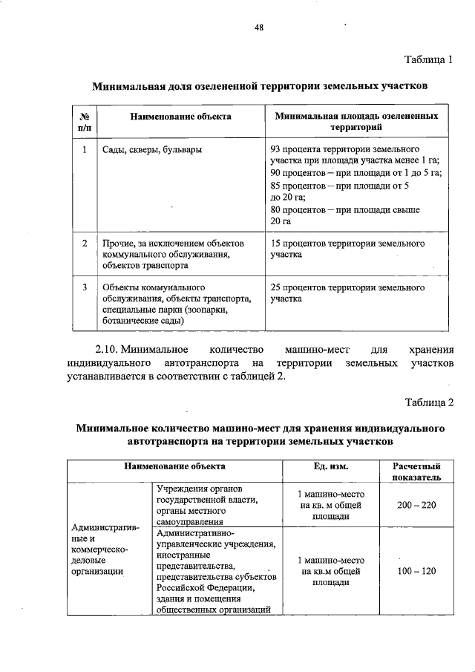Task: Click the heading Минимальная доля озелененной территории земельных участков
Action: pyautogui.click(x=259, y=87)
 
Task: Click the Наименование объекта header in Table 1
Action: pyautogui.click(x=180, y=117)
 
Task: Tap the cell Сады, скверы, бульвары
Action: pyautogui.click(x=152, y=149)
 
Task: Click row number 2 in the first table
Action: pyautogui.click(x=84, y=243)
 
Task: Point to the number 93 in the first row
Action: pyautogui.click(x=277, y=149)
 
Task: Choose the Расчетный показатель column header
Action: pyautogui.click(x=416, y=471)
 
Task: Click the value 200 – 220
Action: pyautogui.click(x=416, y=505)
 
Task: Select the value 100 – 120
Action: pyautogui.click(x=416, y=571)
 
